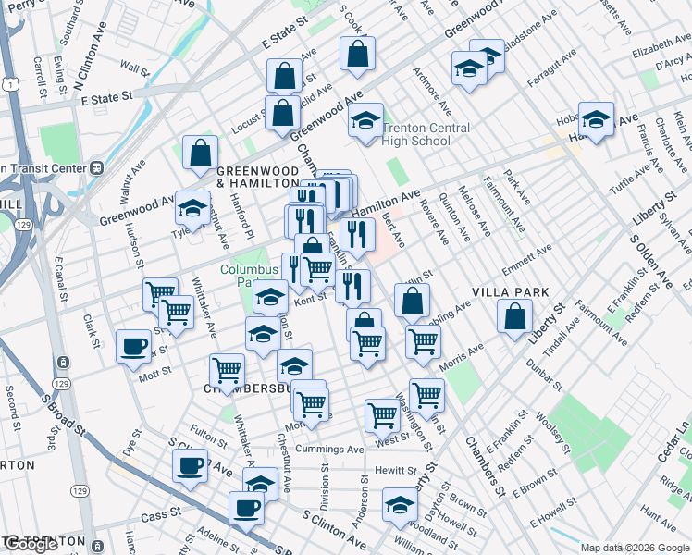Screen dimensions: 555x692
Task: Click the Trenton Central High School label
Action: (426, 134)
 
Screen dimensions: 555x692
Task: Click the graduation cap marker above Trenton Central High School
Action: (366, 120)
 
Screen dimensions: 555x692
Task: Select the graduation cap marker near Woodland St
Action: (400, 505)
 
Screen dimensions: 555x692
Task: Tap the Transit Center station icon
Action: (93, 168)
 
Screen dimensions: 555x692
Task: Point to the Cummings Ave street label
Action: (330, 450)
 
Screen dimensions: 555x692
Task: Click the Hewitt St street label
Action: (397, 471)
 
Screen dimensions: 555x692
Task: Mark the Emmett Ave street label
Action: (526, 262)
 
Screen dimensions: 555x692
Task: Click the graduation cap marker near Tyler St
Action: (192, 210)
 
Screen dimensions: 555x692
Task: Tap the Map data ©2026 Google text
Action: (634, 548)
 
